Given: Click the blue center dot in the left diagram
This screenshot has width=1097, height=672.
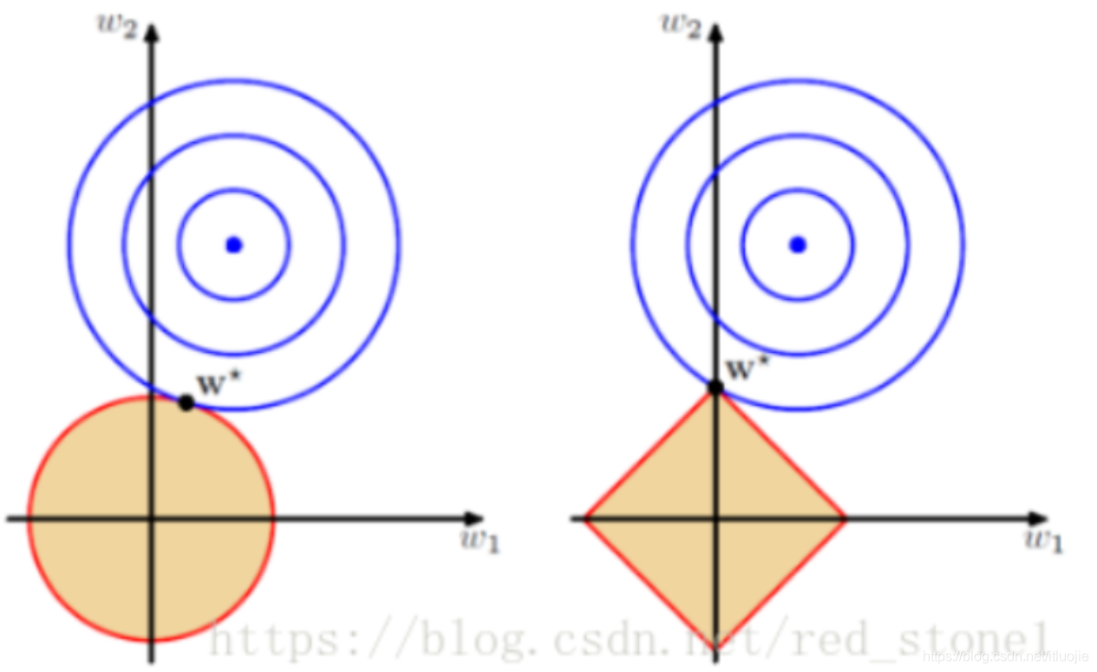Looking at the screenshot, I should tap(233, 245).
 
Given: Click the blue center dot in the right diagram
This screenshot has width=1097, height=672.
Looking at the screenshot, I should tap(798, 245).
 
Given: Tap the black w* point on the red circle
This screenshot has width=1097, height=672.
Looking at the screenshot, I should tap(186, 402).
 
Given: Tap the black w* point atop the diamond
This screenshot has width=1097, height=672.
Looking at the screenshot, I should tap(715, 387).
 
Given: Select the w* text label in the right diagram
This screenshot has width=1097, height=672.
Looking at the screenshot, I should tap(745, 369).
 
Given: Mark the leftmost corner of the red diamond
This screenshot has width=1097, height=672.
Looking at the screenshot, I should tap(585, 519).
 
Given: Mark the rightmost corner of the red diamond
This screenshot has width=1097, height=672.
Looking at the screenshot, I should tap(844, 519).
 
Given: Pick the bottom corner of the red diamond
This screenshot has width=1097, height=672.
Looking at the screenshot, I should tap(716, 643).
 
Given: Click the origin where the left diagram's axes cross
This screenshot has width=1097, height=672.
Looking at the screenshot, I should tap(153, 519).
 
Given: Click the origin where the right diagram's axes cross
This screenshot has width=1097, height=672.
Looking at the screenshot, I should tap(716, 519).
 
